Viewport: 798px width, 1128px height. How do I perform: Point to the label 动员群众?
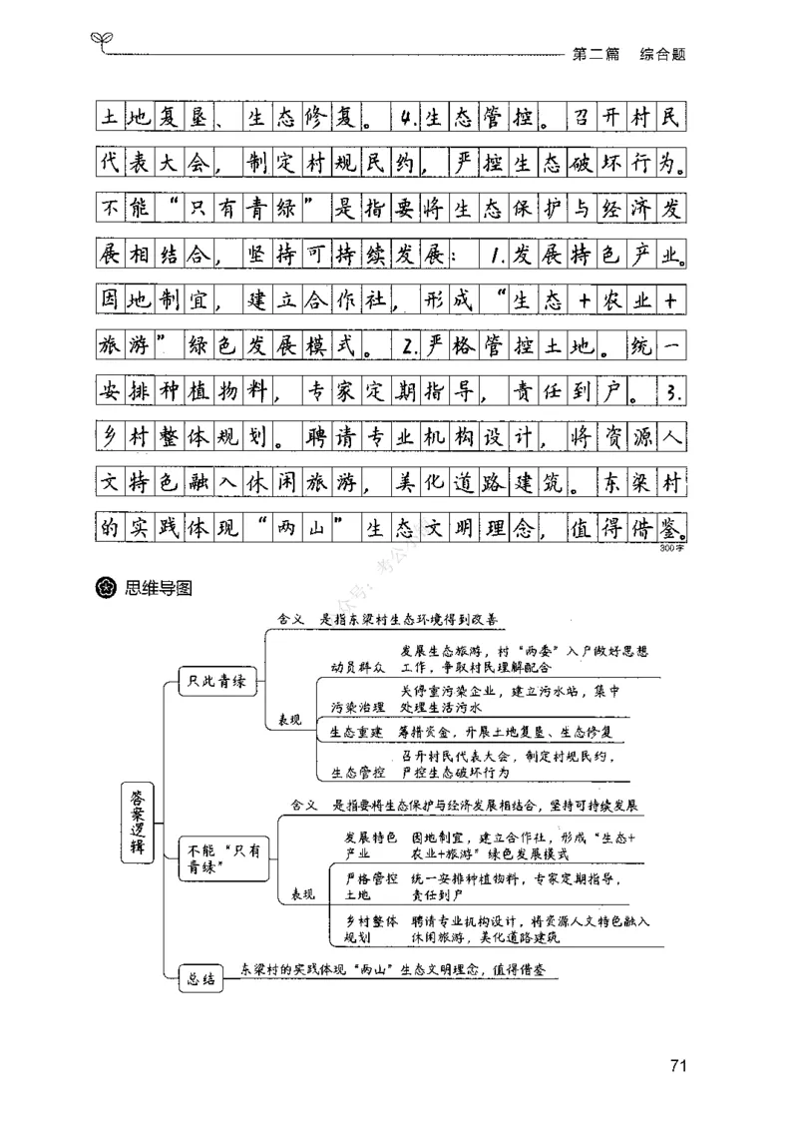[355, 666]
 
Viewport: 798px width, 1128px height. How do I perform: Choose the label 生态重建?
[355, 732]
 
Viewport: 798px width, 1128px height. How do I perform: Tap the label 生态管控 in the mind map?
[355, 771]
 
